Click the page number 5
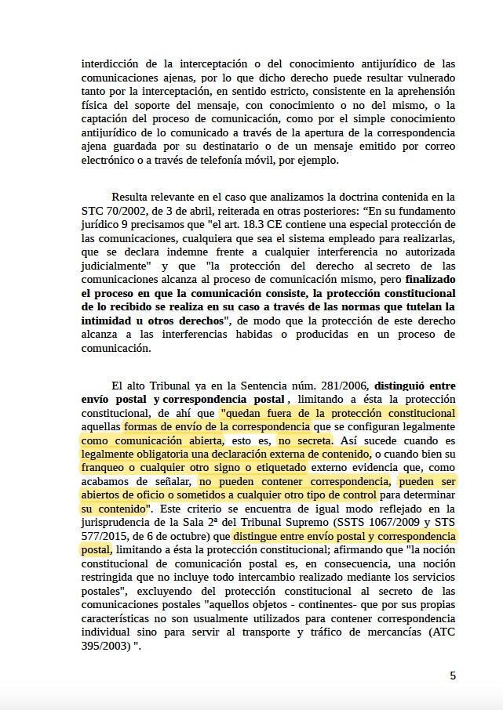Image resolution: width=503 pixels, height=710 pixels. pos(453,676)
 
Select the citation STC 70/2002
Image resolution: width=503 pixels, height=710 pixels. pos(113,211)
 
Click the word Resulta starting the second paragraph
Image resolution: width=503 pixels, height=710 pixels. pos(130,197)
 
